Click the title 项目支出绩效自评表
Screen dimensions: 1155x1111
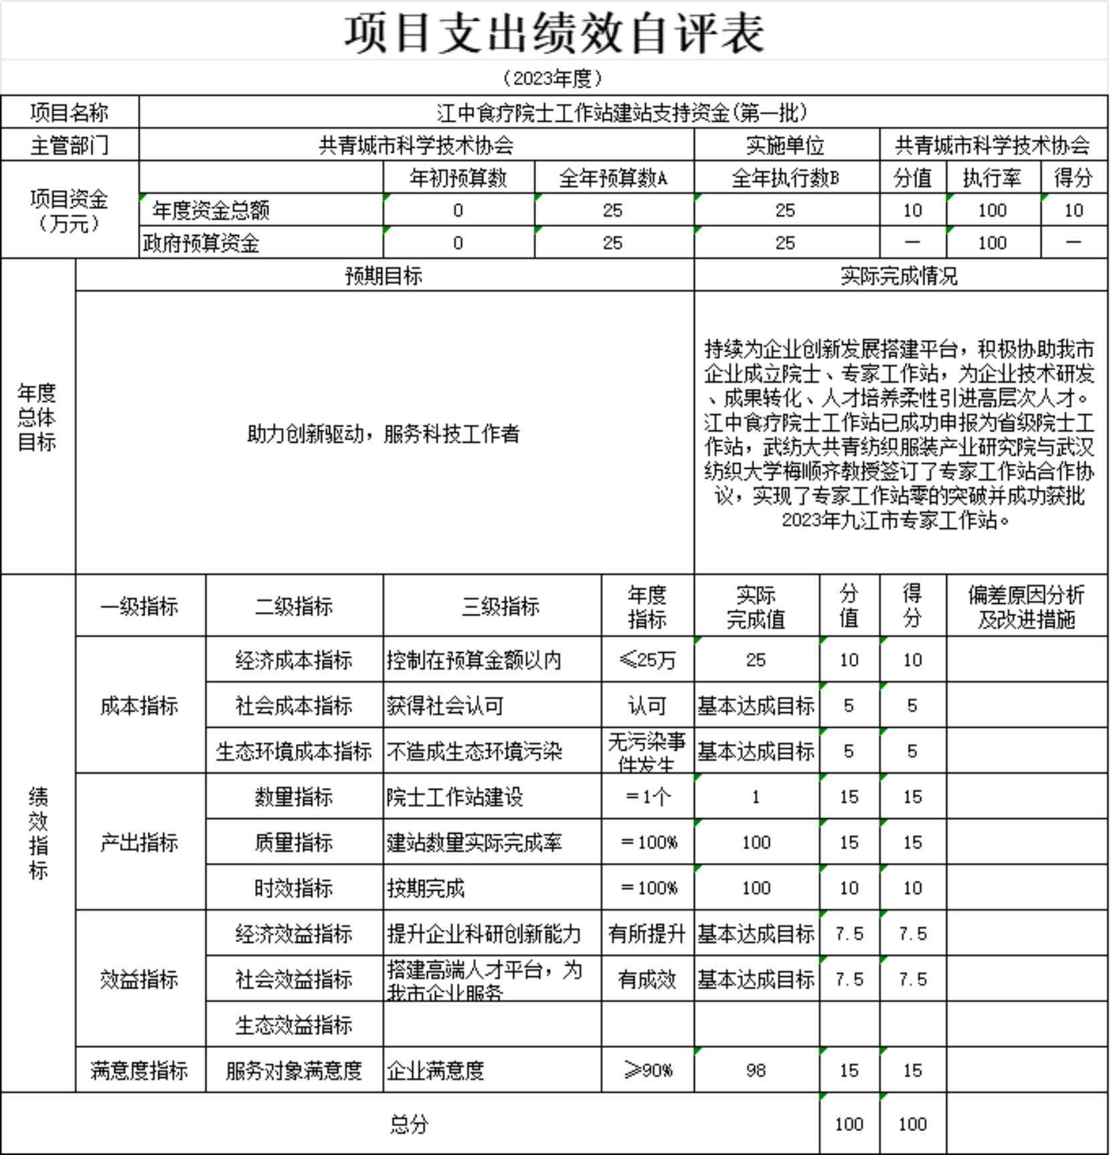tap(555, 33)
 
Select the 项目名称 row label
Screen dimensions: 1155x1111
tap(70, 112)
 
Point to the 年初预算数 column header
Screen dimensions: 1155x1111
tap(458, 178)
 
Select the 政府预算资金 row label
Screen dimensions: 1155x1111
tap(201, 243)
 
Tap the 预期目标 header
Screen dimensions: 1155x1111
tap(383, 276)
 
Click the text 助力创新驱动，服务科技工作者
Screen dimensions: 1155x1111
tap(383, 434)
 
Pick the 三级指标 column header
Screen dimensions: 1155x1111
tap(501, 607)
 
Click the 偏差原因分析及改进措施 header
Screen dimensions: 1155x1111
tap(1026, 607)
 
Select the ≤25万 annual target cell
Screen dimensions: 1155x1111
tap(647, 660)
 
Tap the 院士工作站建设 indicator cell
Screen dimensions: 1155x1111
tap(455, 797)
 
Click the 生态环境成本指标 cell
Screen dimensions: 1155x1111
tap(293, 751)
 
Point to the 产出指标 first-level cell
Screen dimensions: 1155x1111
tap(139, 842)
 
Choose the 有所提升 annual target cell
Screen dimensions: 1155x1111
tap(647, 933)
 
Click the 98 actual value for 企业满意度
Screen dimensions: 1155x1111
tap(756, 1071)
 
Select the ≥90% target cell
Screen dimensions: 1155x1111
tap(647, 1071)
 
